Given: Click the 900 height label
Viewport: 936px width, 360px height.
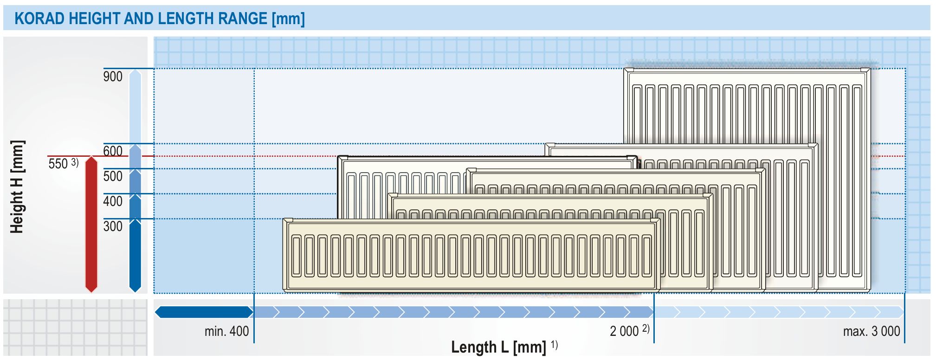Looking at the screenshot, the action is (113, 77).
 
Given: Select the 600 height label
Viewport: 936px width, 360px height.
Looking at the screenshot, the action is (113, 151).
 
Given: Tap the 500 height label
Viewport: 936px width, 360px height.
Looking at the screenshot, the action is (113, 176).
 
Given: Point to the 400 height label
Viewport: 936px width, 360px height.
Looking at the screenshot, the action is (113, 201).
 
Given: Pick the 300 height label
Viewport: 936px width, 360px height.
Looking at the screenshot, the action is (113, 226).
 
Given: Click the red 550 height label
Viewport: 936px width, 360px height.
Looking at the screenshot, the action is (58, 164).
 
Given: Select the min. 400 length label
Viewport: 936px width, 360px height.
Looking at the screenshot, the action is (226, 331).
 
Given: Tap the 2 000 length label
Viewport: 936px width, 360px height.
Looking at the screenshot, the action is (624, 331).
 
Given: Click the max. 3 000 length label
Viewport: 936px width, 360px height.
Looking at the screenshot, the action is (871, 331).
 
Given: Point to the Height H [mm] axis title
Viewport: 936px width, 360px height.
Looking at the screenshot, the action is (17, 186).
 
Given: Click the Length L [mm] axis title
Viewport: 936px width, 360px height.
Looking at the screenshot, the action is (498, 347).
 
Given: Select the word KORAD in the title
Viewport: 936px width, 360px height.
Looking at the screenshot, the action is (39, 19).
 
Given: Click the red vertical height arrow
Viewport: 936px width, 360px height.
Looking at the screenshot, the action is (91, 225).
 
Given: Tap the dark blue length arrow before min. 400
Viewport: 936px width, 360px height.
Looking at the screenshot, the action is (204, 312).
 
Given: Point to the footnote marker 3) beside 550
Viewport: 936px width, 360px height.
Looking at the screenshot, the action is (75, 162).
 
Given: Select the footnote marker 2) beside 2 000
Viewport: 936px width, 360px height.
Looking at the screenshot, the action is (646, 329).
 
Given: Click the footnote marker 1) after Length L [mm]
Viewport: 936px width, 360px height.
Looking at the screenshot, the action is (554, 345).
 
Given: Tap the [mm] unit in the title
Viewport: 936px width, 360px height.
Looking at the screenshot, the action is (288, 19).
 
